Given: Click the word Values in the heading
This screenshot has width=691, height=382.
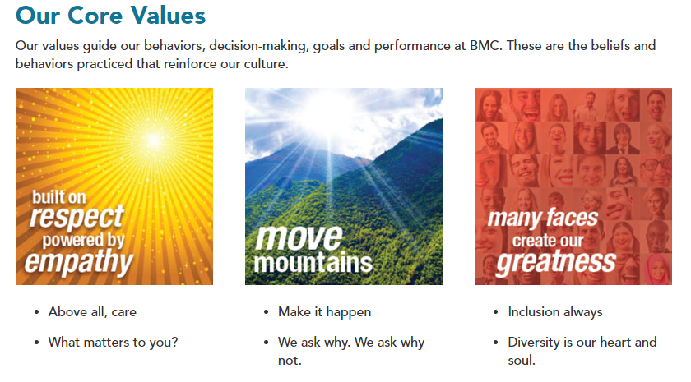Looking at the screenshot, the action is [168, 15].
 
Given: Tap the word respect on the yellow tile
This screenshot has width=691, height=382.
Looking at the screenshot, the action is [77, 218].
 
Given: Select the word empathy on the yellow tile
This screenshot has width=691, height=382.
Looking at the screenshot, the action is [79, 263].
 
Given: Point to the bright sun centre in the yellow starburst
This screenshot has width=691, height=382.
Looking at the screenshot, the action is [153, 140].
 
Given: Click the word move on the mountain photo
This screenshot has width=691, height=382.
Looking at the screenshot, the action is [299, 237].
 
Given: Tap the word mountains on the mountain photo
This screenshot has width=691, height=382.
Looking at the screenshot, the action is [313, 263].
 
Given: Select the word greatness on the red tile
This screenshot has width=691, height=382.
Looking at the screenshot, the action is [556, 262].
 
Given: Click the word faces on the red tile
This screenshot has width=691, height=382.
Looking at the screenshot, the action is [572, 218].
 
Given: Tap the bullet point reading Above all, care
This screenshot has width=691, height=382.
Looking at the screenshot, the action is [92, 312].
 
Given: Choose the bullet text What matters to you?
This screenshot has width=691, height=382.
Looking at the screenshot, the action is [114, 343].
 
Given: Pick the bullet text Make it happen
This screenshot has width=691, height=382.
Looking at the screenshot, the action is [324, 312].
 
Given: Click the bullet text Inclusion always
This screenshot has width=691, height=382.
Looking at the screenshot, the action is [554, 312].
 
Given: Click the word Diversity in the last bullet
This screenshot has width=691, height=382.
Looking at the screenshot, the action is [533, 343].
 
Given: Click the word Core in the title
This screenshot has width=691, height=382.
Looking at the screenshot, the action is [95, 15].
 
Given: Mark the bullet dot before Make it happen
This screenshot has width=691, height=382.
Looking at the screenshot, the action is [266, 312].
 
